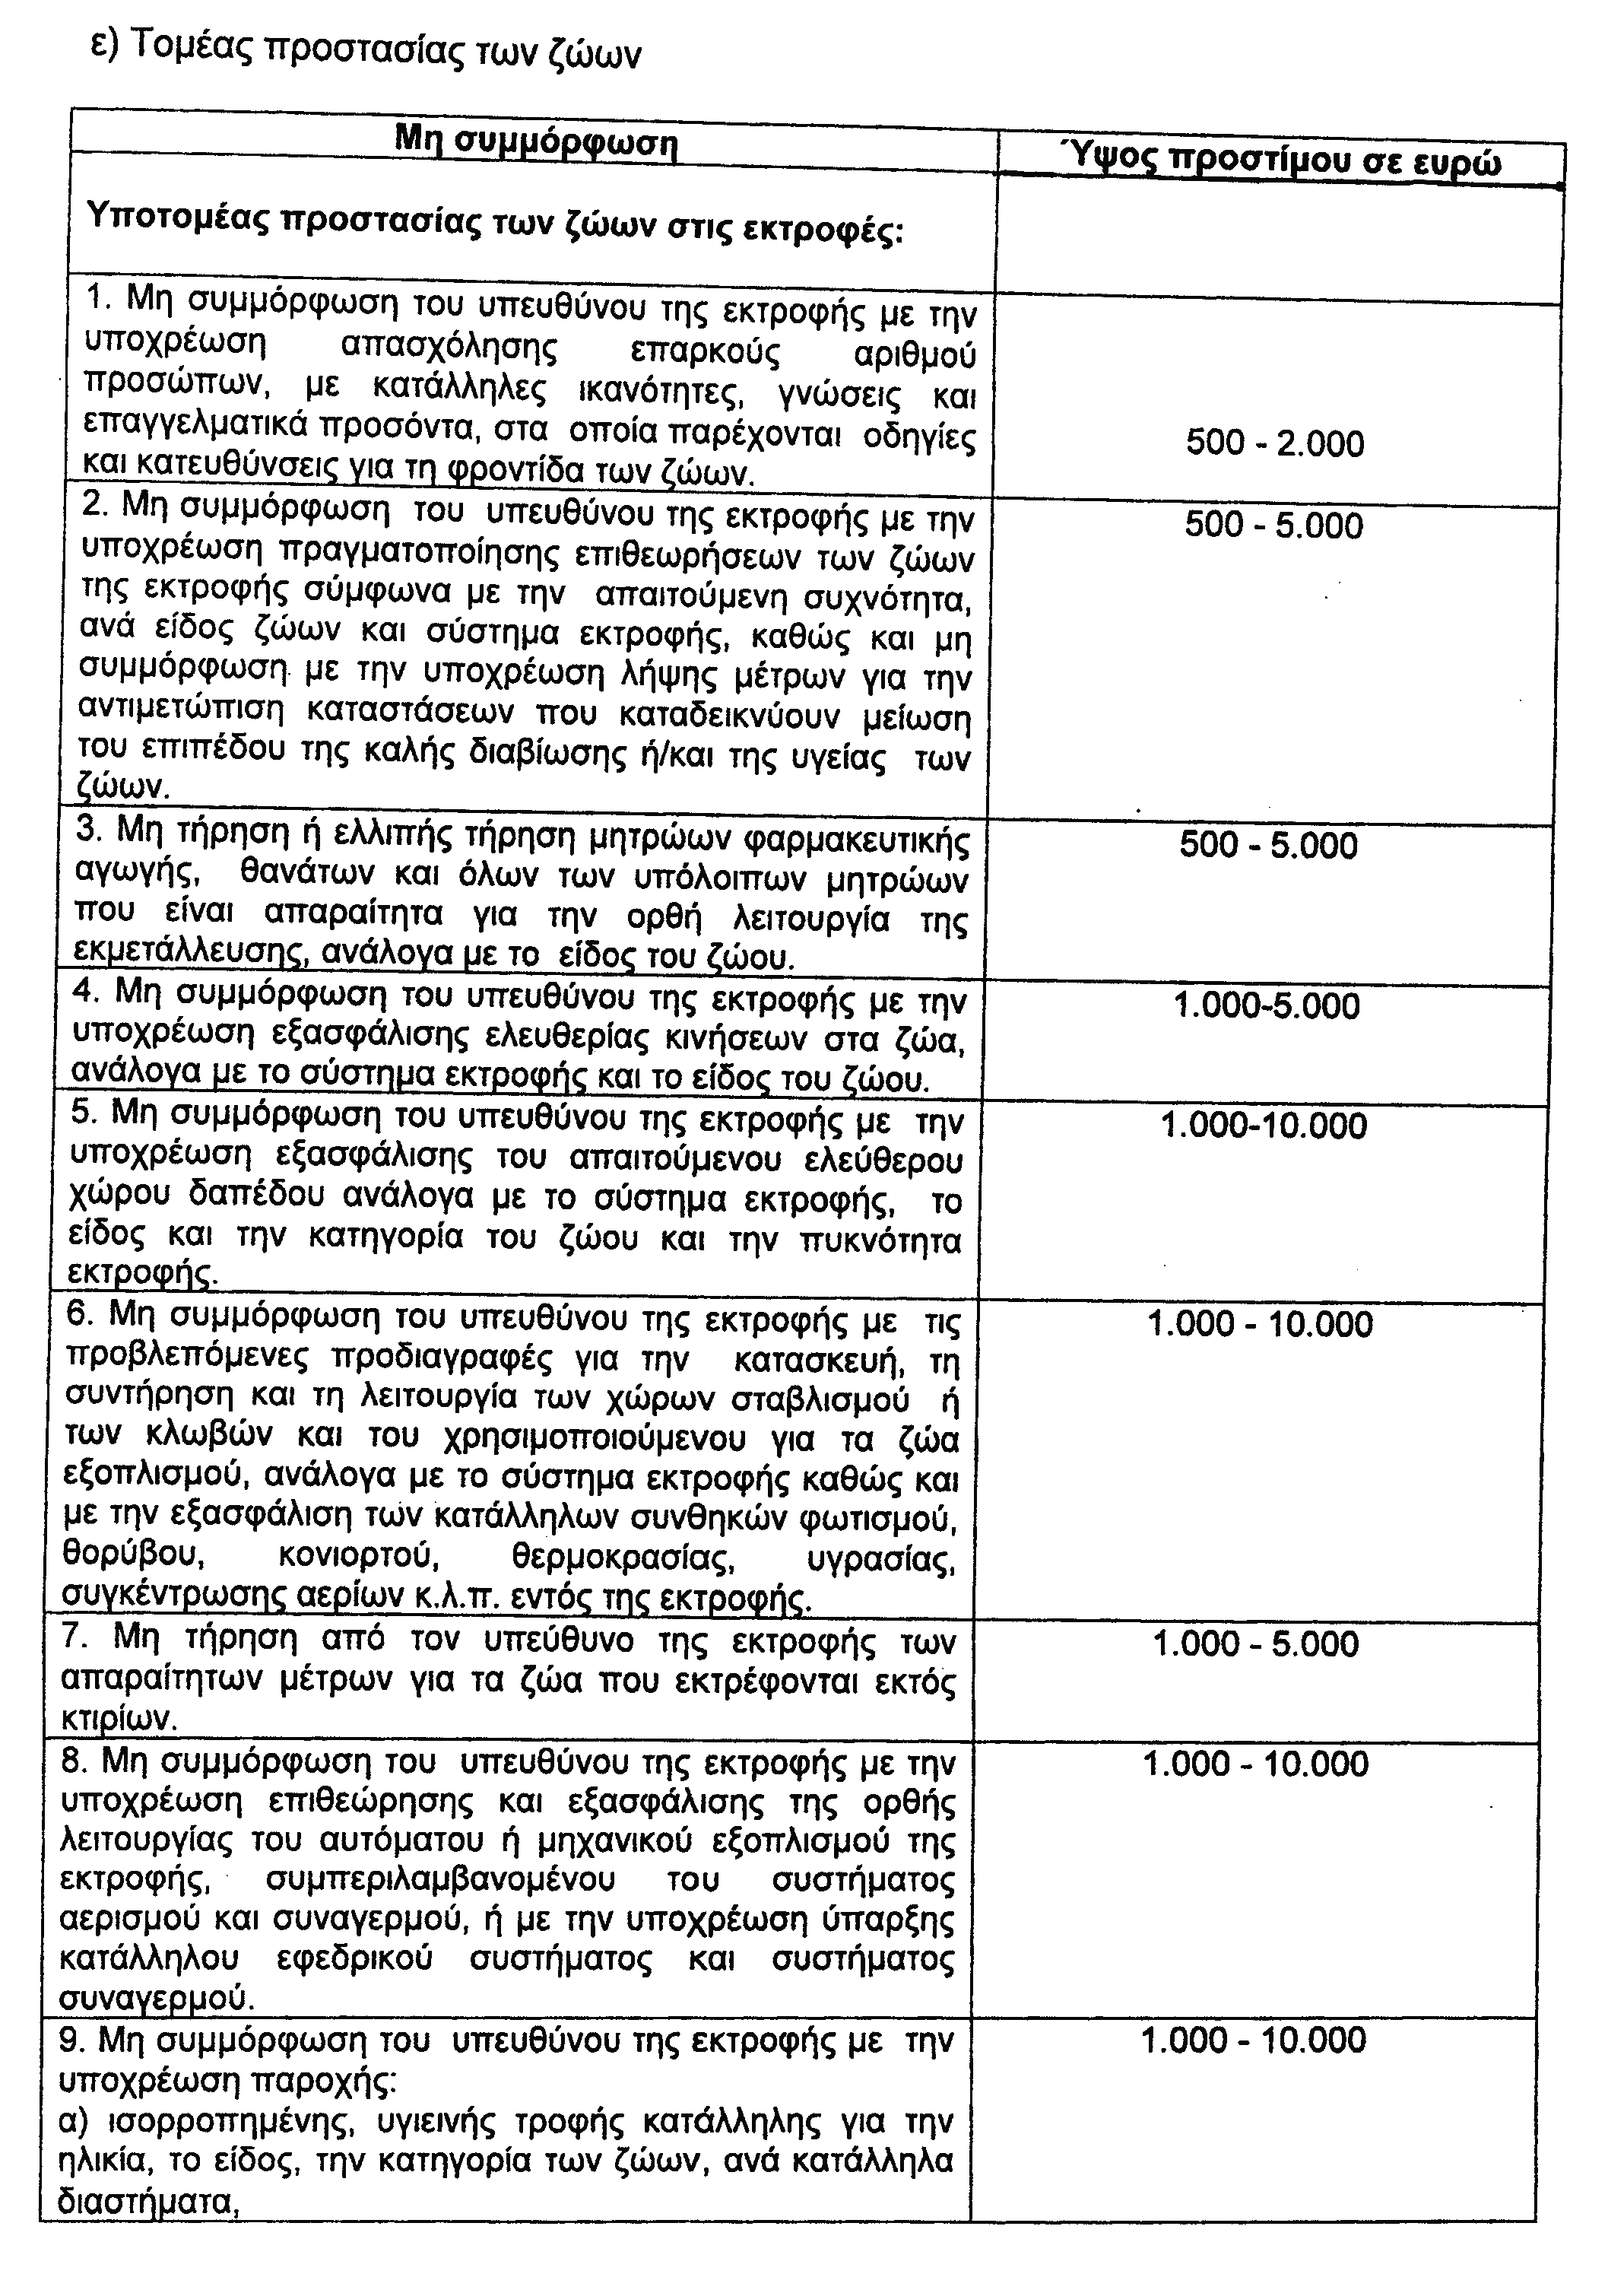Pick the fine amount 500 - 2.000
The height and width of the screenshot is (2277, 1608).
[x=1275, y=443]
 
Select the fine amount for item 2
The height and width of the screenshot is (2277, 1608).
[x=1274, y=526]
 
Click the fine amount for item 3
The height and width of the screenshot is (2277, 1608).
[x=1268, y=846]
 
